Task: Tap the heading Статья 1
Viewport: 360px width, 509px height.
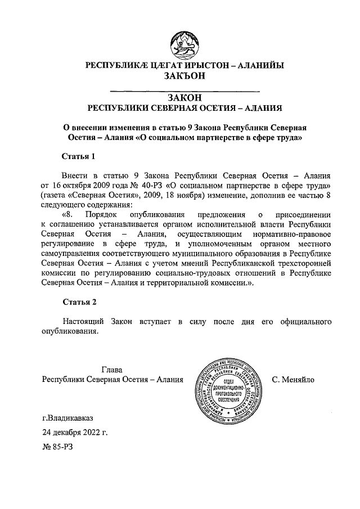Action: pos(79,155)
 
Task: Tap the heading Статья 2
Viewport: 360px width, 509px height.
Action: pos(79,301)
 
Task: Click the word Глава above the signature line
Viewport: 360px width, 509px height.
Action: pos(112,370)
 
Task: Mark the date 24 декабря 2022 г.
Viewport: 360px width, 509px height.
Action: pos(75,433)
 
